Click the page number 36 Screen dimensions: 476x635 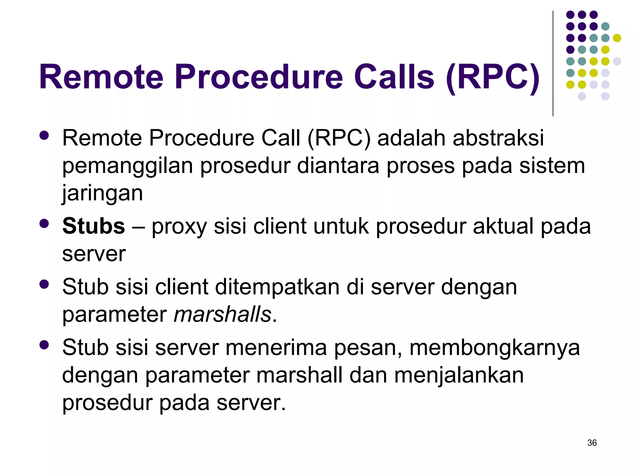[592, 443]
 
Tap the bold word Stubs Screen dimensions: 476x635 [93, 226]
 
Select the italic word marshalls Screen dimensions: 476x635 [222, 315]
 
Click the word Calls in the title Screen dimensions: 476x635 [394, 77]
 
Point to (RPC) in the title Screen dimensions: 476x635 [493, 77]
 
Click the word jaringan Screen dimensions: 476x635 [102, 193]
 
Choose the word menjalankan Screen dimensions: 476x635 [459, 375]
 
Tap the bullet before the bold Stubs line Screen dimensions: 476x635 [44, 223]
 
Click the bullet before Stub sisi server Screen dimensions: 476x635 [44, 345]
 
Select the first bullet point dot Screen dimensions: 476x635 [44, 135]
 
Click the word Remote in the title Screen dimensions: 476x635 [101, 77]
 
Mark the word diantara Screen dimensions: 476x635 [338, 165]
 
